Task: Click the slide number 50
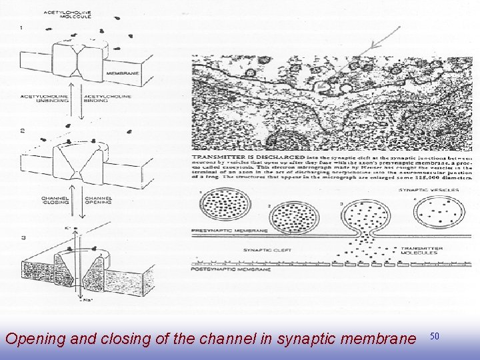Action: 435,337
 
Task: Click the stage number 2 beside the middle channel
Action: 23,129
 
